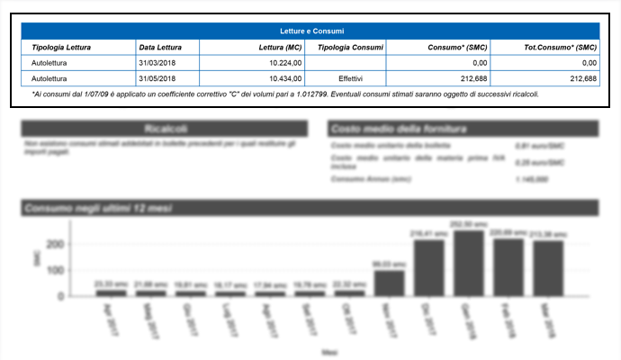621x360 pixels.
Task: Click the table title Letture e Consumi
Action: [x=310, y=31]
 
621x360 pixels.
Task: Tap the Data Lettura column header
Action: [x=161, y=47]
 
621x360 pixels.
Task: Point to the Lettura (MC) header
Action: [x=279, y=47]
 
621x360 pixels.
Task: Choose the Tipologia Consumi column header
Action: [x=350, y=47]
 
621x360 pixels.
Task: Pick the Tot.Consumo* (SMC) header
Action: [x=560, y=47]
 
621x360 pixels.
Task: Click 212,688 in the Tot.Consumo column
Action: [x=583, y=78]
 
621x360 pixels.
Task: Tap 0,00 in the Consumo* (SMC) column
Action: [x=479, y=63]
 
